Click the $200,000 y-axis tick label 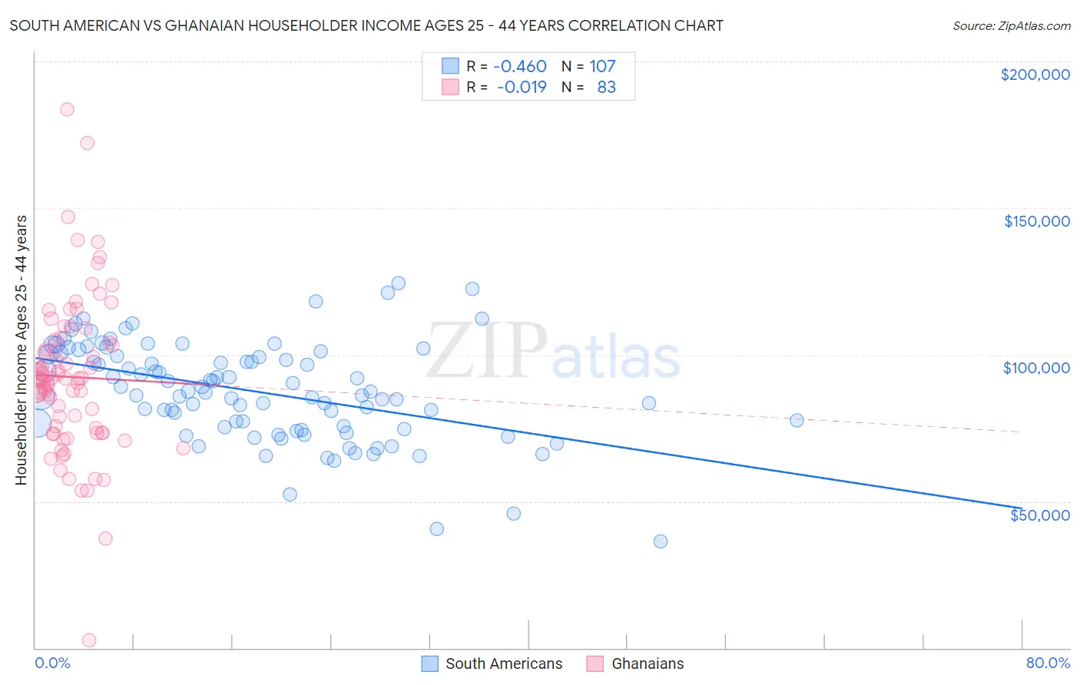pos(1035,74)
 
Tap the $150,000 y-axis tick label pos(1036,221)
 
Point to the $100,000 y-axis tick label pos(1036,368)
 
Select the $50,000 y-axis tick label pos(1039,515)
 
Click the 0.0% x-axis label pos(52,663)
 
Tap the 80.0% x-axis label pos(1048,663)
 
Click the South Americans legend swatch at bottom pos(430,663)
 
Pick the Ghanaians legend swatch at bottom pos(595,663)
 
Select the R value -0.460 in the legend pos(520,66)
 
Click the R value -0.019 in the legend pos(522,87)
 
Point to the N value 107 pos(602,66)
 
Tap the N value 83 pos(606,87)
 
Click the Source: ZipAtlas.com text pos(1011,25)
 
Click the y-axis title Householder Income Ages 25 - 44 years pos(21,349)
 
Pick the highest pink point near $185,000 pos(67,109)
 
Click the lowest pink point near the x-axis pos(89,640)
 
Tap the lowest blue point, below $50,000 pos(660,541)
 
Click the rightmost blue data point pos(797,420)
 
